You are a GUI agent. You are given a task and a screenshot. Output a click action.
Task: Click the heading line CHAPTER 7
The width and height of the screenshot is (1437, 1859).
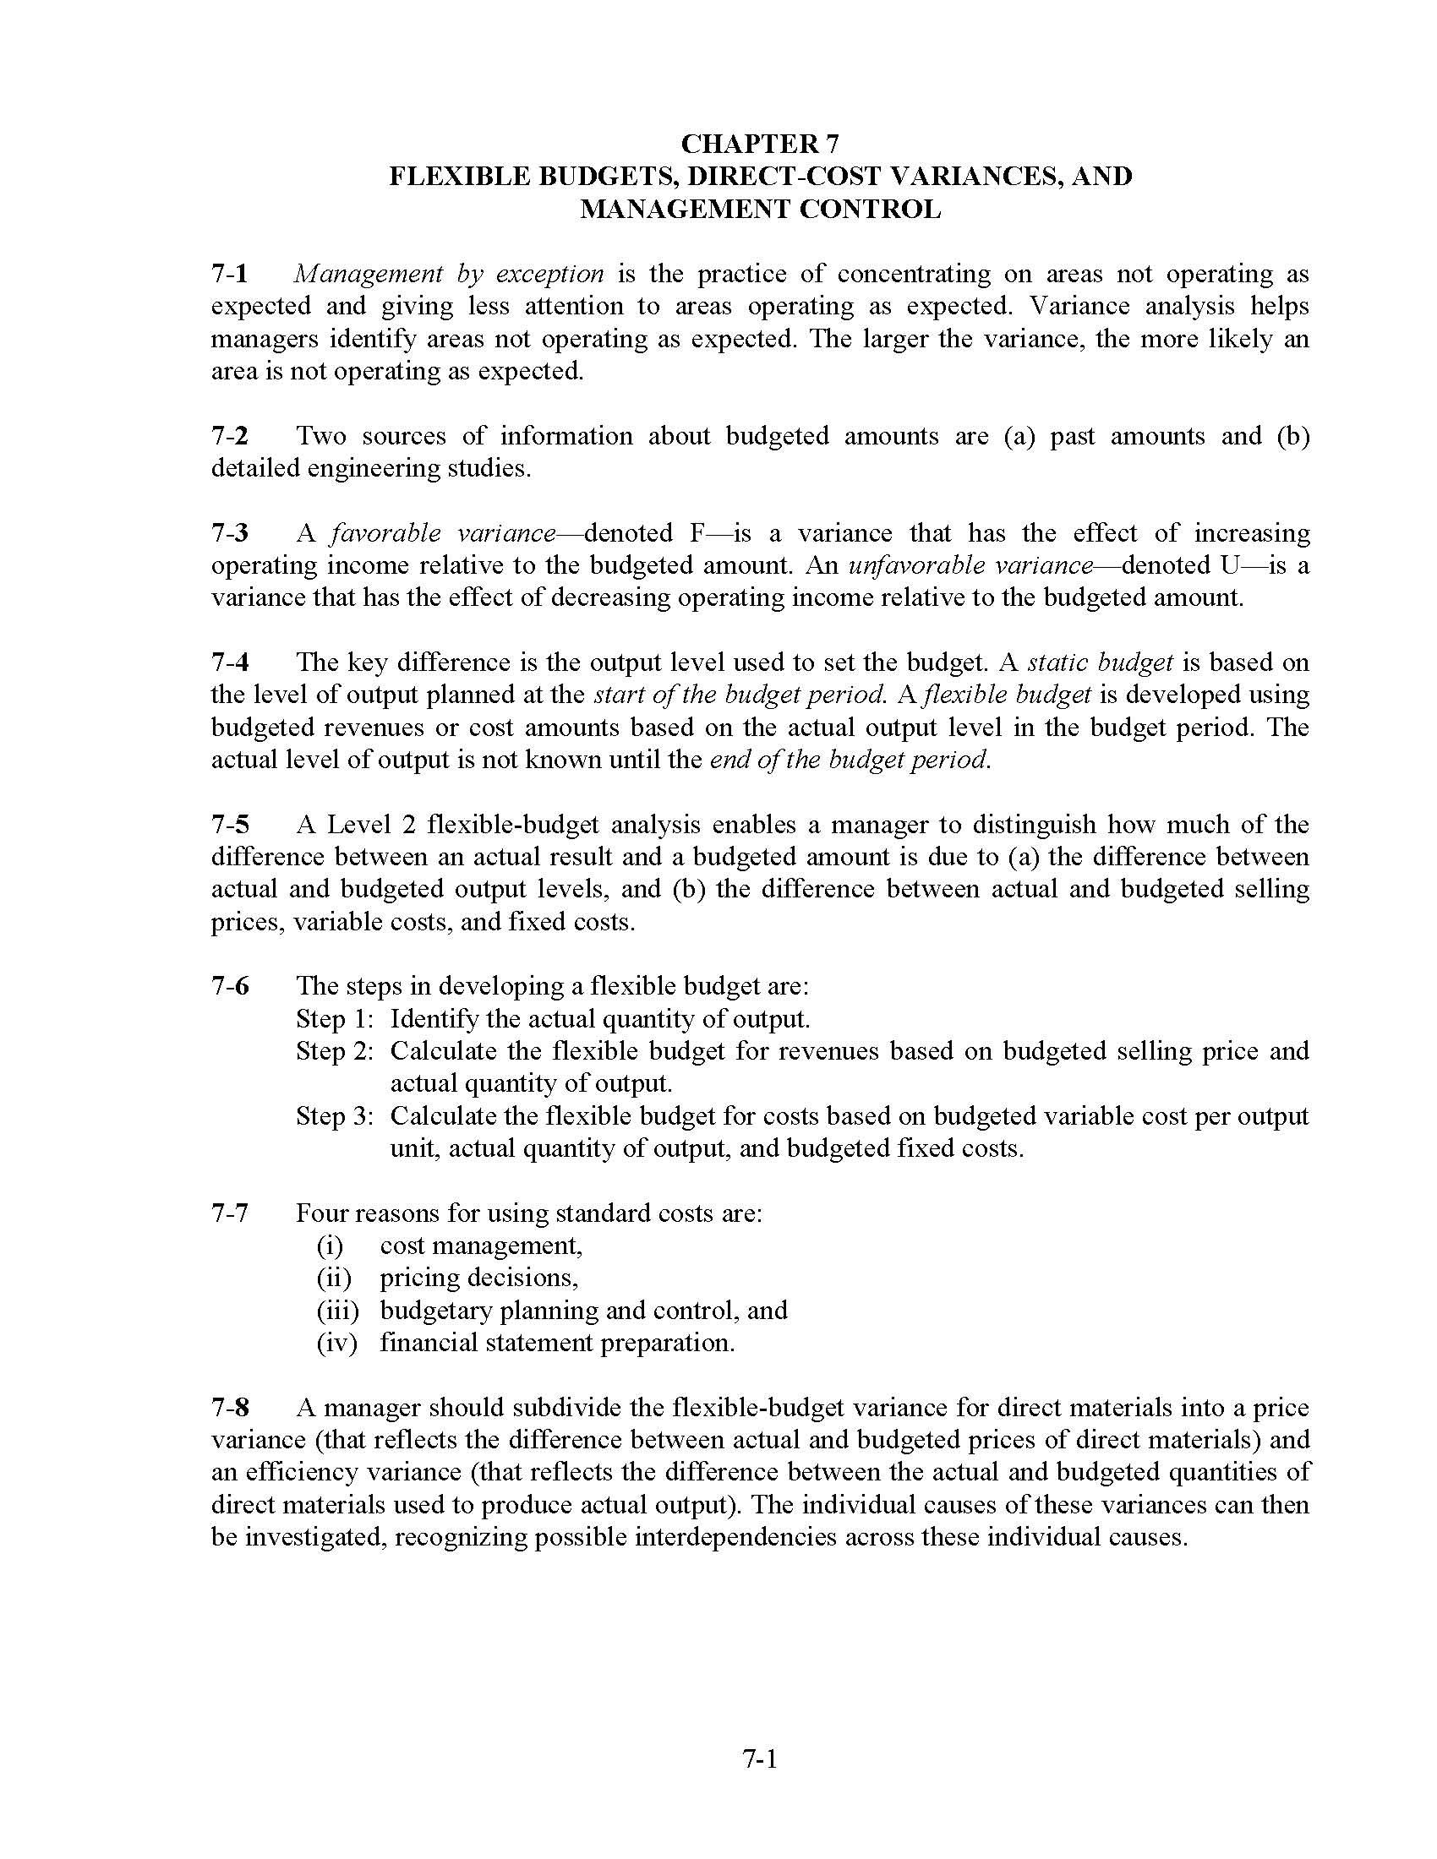click(760, 143)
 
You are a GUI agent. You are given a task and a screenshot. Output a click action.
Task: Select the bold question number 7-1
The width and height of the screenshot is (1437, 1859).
click(230, 274)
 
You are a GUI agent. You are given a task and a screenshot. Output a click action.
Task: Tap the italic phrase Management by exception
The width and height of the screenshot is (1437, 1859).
click(449, 274)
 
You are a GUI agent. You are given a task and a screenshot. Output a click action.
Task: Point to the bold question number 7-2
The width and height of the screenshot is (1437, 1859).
click(230, 436)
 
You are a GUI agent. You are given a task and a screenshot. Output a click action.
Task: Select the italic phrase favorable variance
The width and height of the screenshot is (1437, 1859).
click(443, 533)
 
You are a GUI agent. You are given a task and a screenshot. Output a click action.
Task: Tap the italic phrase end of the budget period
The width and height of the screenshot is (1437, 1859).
click(850, 760)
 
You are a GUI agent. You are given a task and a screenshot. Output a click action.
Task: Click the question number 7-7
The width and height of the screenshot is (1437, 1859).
click(230, 1213)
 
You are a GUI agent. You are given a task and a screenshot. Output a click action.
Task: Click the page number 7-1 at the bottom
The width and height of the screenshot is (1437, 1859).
click(760, 1758)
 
